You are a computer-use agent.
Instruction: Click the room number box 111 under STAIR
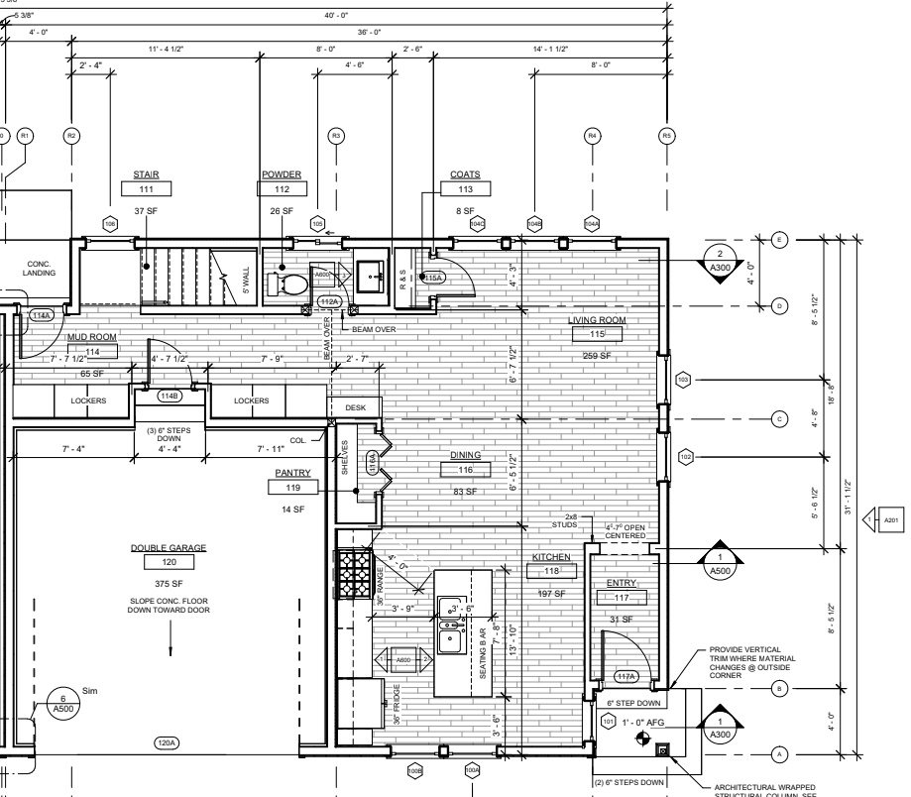point(147,188)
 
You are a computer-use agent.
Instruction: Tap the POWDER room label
point(282,174)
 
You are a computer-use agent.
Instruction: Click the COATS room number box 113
point(464,188)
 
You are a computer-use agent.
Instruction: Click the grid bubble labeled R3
point(336,135)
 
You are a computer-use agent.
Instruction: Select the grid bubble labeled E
point(779,239)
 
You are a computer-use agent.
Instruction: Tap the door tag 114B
point(171,396)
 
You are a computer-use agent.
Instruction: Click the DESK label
point(356,407)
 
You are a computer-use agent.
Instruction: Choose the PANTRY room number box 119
point(292,488)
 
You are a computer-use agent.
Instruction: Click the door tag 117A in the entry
point(626,677)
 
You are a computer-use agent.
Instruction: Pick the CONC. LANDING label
point(41,268)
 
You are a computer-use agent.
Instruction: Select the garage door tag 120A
point(167,741)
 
